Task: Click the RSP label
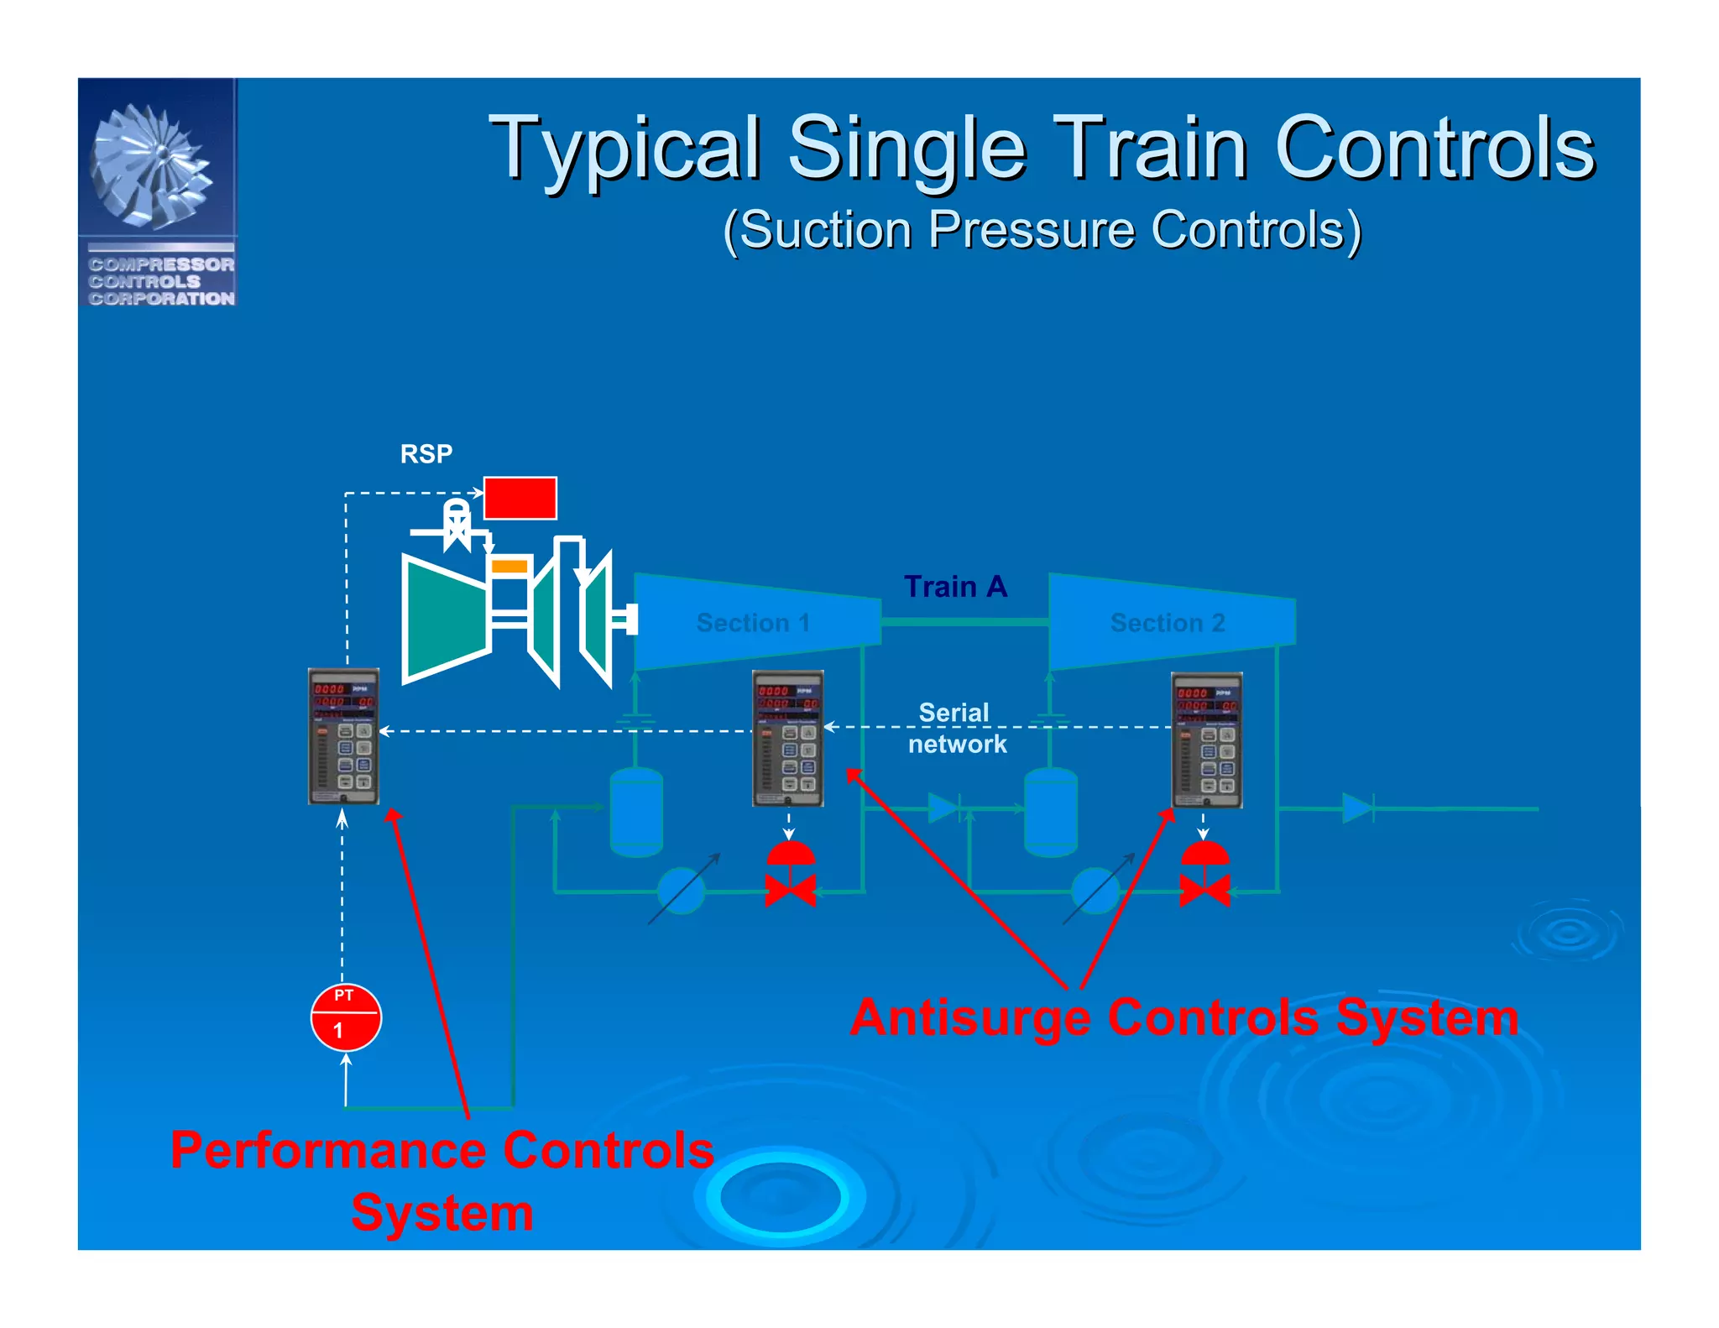[426, 454]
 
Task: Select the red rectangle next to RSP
[520, 498]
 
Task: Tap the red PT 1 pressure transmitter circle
[346, 1017]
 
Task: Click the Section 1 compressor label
[753, 623]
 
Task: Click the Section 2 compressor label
[1168, 623]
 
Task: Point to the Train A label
[955, 586]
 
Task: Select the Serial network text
[956, 728]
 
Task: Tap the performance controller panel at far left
[343, 736]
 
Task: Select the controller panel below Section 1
[787, 739]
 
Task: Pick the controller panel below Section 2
[1206, 740]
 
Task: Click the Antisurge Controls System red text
[1183, 1017]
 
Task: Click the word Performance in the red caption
[329, 1150]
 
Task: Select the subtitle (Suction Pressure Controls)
[1042, 230]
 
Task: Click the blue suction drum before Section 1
[636, 812]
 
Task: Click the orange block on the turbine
[509, 567]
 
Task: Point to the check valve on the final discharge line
[1356, 808]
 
